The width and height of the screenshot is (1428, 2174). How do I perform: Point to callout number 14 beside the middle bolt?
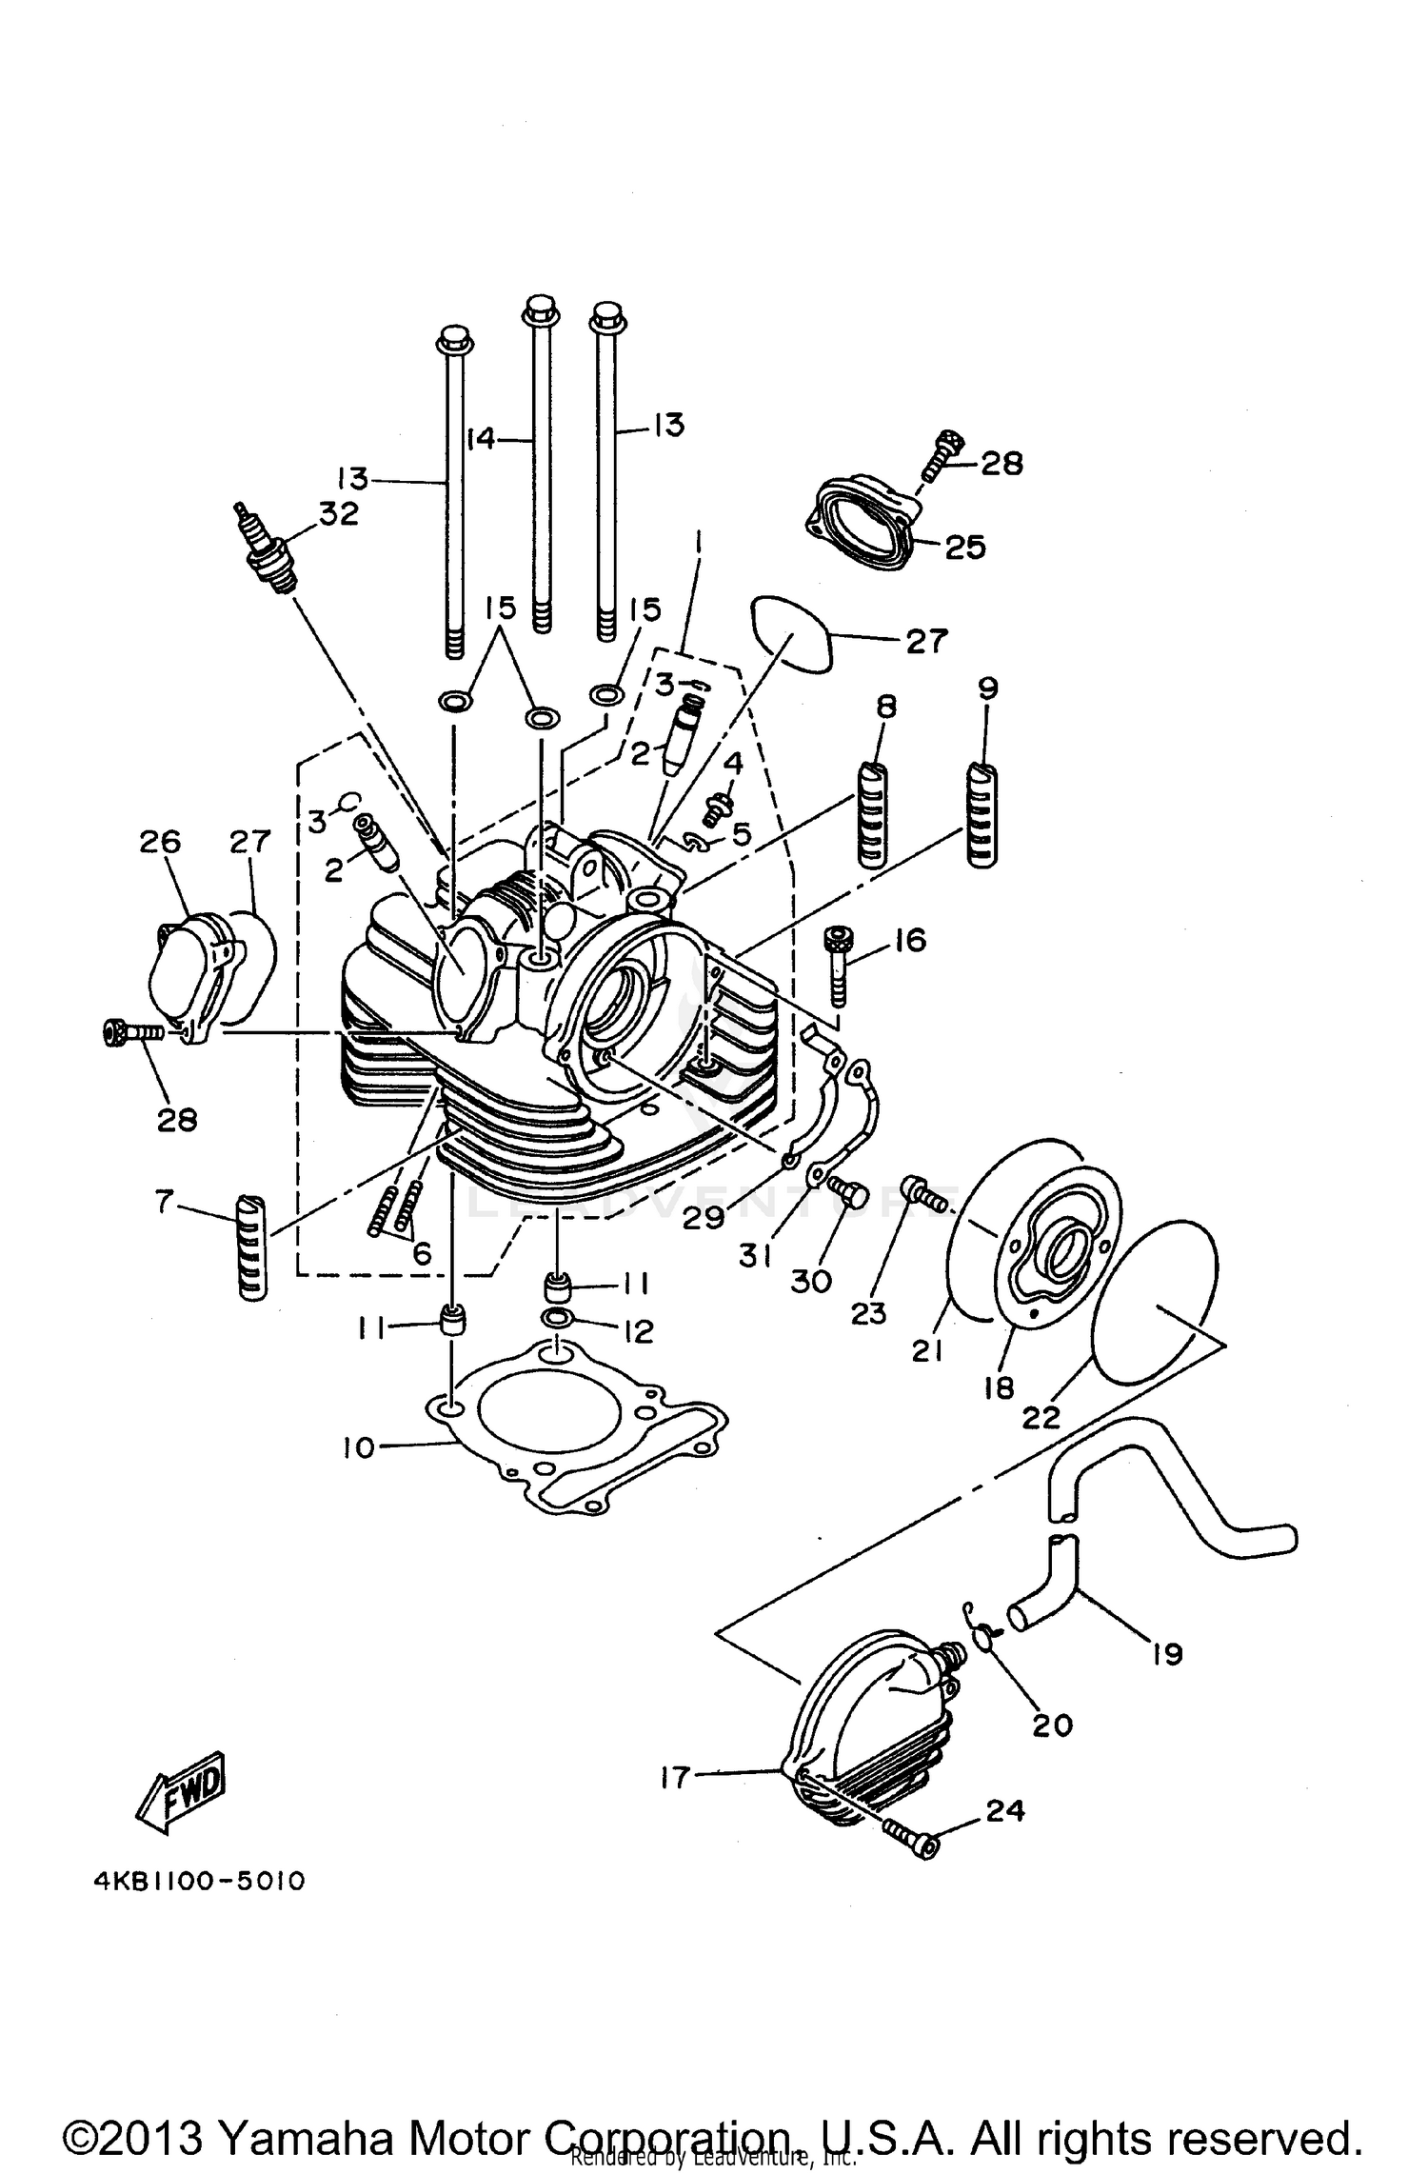(483, 439)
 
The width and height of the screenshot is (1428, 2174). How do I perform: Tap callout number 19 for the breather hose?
(1166, 1654)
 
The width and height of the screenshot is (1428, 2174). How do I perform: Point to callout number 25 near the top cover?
(964, 548)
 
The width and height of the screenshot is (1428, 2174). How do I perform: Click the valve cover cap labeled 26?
(190, 981)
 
